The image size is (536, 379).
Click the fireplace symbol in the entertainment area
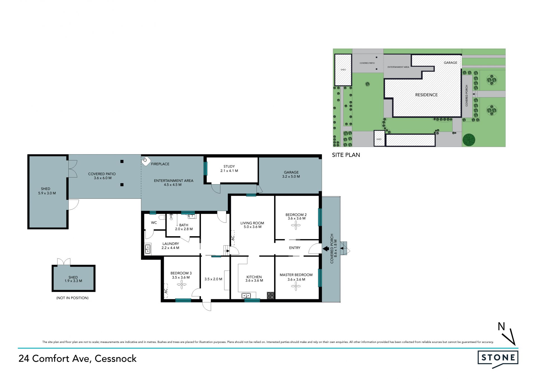point(146,161)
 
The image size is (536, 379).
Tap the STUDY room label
point(229,166)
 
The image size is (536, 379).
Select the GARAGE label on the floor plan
point(291,172)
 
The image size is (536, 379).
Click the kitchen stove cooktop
point(271,295)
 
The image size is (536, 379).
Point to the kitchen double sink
point(246,295)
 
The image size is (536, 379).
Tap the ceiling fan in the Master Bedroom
point(296,286)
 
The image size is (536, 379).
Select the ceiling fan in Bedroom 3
point(182,285)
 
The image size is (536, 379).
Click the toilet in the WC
point(161,217)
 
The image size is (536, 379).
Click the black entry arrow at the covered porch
point(326,248)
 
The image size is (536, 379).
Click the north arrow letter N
point(502,326)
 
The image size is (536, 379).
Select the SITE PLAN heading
point(346,155)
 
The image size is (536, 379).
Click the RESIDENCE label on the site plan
point(426,95)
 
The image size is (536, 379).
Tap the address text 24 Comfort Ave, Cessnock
point(78,359)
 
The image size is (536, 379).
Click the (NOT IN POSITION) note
point(72,298)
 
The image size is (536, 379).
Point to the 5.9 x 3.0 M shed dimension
point(47,193)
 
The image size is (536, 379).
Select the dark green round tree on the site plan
point(469,140)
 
